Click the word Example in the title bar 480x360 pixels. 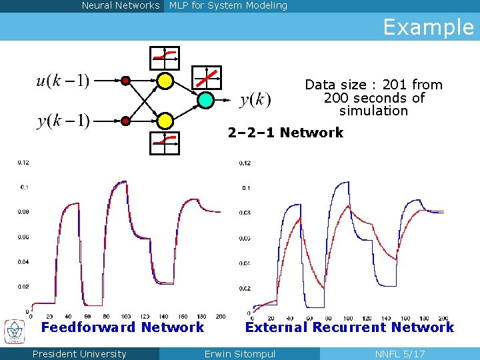coord(428,27)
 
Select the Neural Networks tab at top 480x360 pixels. coord(121,6)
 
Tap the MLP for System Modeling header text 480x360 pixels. coord(228,6)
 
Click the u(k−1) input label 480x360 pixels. coord(63,81)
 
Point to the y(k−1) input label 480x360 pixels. coord(63,121)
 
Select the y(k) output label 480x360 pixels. coord(255,101)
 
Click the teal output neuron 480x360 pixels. coord(206,100)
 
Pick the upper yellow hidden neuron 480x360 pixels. coord(165,81)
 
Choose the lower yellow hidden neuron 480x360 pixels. coord(165,121)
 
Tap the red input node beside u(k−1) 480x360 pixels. coord(125,81)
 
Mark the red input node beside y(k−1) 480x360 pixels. coord(125,121)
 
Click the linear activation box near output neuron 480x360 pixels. coord(207,77)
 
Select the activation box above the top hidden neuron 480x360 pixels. coord(165,57)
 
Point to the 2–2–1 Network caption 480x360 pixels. coord(285,133)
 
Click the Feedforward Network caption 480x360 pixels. coord(123,327)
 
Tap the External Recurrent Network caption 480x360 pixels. coord(349,327)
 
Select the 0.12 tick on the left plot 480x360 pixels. coord(23,162)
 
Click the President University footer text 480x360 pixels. coord(79,354)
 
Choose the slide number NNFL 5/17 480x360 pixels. coord(400,354)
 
